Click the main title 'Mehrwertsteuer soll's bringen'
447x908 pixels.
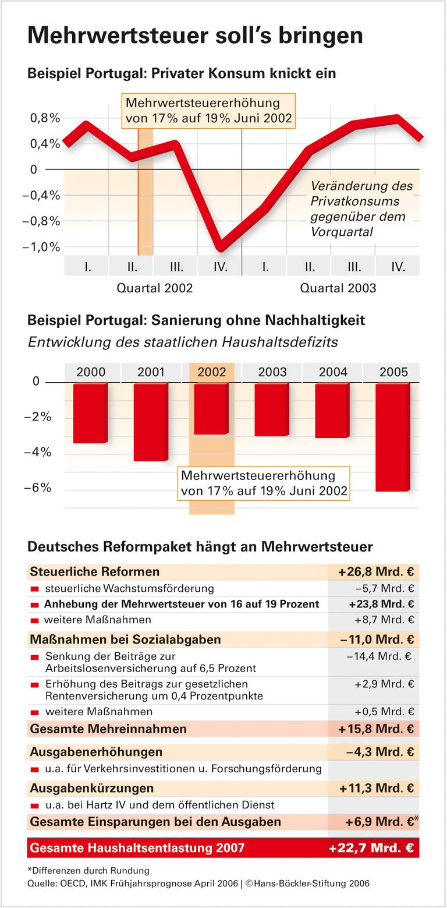195,36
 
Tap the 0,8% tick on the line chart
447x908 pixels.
44,118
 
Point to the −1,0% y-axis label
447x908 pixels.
41,247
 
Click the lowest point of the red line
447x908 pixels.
220,248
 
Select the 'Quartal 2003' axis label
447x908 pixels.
338,288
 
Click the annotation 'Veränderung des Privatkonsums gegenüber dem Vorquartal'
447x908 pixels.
361,209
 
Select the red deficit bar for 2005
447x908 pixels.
393,437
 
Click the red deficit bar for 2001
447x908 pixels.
151,422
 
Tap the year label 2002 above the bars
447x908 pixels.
211,372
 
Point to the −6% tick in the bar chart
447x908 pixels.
38,487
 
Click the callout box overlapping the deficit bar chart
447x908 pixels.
264,483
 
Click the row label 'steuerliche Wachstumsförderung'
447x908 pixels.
129,588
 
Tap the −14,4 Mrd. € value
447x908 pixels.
379,656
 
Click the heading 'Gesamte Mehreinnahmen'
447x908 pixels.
108,729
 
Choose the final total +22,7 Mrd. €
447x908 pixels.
371,848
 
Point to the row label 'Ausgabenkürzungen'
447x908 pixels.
92,788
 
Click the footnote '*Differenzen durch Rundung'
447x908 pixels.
88,871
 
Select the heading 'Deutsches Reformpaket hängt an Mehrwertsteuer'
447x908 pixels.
200,546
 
